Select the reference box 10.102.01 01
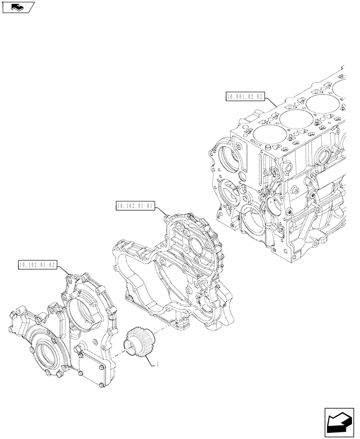pos(135,205)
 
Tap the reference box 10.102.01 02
pos(37,265)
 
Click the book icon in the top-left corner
pos(18,7)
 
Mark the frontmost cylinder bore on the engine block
pos(265,135)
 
